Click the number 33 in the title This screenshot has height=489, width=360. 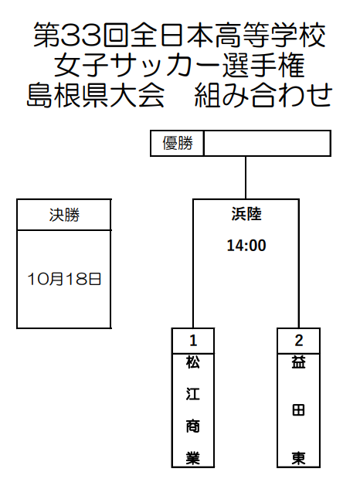(x=80, y=35)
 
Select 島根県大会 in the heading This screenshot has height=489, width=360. (x=96, y=95)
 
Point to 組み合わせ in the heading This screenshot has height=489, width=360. (x=263, y=95)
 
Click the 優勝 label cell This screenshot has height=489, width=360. (x=177, y=143)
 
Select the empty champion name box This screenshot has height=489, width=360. (x=267, y=143)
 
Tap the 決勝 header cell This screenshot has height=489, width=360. (x=64, y=215)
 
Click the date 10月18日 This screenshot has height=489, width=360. (x=64, y=279)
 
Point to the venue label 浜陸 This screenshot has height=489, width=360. (x=246, y=214)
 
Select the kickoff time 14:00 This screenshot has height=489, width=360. (x=246, y=246)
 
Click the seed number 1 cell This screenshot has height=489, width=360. (x=193, y=341)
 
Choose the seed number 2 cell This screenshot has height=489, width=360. (x=298, y=341)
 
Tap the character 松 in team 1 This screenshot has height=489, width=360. (x=193, y=362)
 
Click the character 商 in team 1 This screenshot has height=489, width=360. (x=193, y=426)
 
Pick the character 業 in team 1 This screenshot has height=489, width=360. (x=193, y=458)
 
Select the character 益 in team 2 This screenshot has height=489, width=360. (x=298, y=362)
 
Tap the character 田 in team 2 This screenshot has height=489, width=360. (x=298, y=410)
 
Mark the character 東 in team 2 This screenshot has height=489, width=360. (x=298, y=458)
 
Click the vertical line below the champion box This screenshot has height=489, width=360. (x=246, y=178)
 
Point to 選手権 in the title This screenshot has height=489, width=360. (x=263, y=65)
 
